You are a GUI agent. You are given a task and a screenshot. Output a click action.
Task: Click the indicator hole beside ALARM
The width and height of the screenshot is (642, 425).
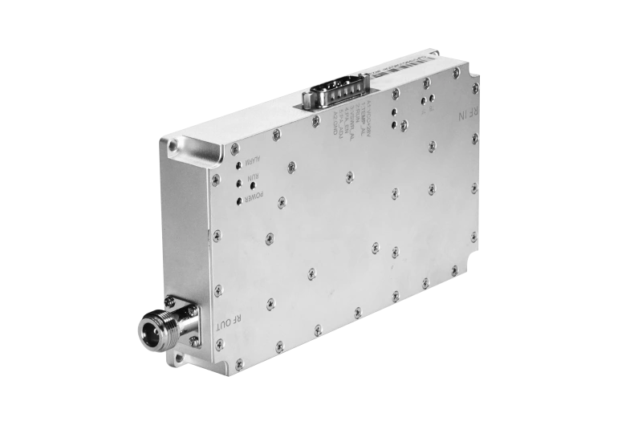[241, 168]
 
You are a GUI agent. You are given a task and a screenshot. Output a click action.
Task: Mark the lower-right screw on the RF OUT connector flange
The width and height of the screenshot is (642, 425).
[193, 342]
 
